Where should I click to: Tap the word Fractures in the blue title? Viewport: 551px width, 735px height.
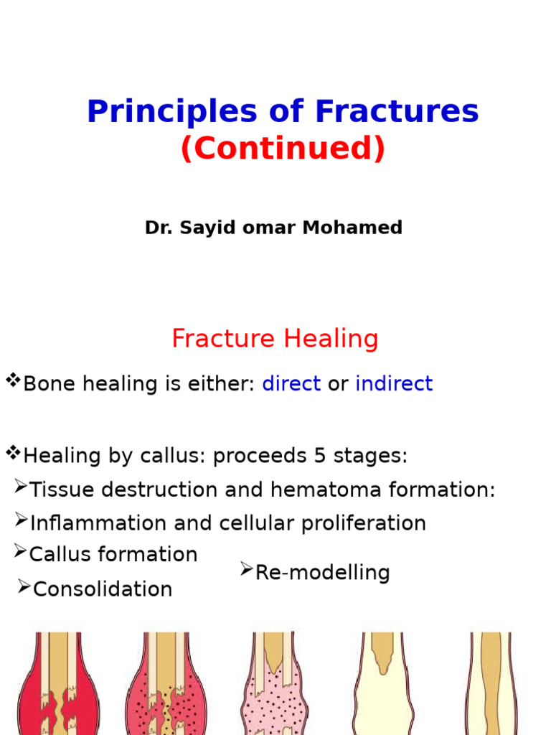click(396, 112)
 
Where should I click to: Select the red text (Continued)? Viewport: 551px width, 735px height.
click(283, 149)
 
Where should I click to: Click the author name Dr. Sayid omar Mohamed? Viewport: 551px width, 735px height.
click(273, 228)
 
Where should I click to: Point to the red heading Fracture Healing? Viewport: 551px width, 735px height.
click(275, 338)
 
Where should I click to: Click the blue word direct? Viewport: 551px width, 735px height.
click(291, 384)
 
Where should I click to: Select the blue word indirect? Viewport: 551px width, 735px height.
click(394, 384)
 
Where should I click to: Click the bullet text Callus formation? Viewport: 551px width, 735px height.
click(113, 554)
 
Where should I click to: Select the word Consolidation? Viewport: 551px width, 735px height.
click(103, 589)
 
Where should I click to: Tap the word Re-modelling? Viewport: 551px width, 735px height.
click(322, 573)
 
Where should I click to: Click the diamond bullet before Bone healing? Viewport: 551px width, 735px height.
click(12, 380)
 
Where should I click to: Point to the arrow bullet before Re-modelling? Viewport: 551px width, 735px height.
click(246, 570)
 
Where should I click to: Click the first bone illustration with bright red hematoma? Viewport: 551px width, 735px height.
click(59, 685)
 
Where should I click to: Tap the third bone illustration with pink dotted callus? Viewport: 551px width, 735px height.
click(275, 685)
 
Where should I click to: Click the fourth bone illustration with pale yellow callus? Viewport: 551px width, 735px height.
click(383, 685)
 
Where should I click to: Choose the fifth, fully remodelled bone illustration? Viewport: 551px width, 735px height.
click(491, 685)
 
